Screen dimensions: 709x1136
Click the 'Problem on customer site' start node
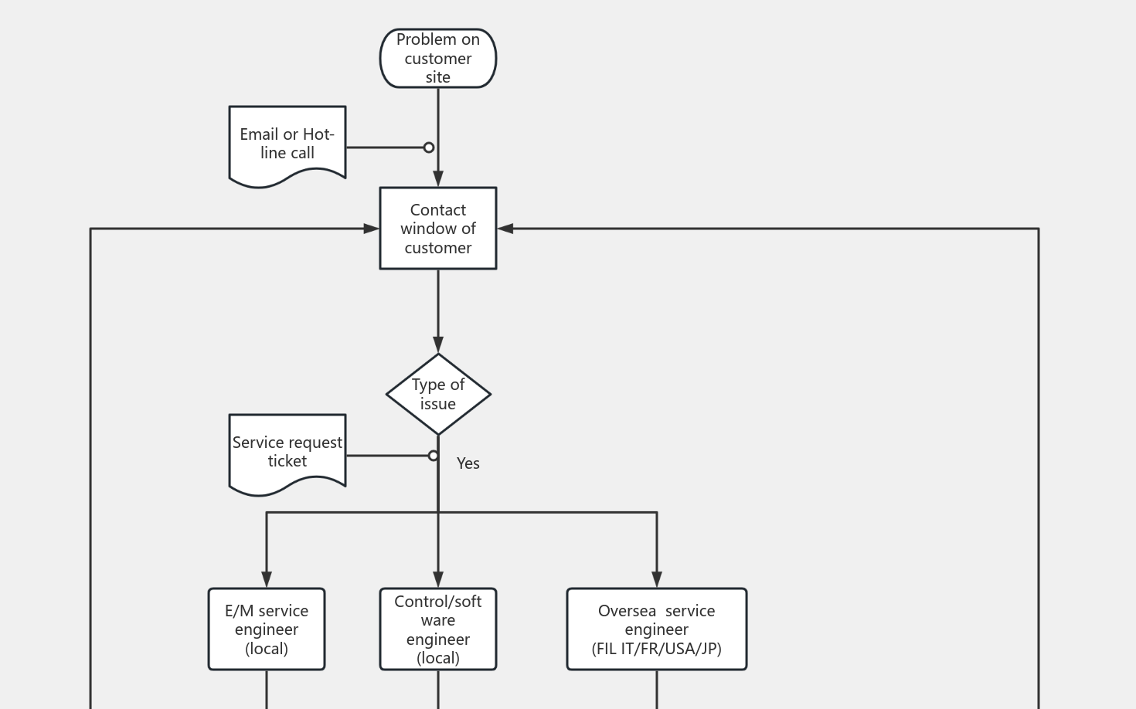437,59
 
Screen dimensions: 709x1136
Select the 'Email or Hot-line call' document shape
287,144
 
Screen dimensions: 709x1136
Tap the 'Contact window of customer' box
437,229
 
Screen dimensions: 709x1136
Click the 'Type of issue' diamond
437,394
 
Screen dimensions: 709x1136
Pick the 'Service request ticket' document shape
287,453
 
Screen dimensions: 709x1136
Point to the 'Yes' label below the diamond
468,463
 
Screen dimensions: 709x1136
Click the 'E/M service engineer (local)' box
266,629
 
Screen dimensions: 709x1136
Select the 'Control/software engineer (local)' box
437,629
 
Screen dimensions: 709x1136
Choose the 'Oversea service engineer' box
656,629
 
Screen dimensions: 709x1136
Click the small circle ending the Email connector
429,148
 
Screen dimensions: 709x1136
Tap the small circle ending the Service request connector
434,456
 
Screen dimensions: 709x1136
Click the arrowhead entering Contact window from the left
372,229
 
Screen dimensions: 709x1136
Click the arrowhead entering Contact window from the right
505,229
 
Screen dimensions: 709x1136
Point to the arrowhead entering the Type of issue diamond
437,344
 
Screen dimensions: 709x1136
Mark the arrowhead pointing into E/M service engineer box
266,579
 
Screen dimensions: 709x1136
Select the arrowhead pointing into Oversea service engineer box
656,579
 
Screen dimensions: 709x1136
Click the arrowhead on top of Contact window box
437,178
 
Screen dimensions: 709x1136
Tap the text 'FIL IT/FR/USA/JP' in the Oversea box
656,649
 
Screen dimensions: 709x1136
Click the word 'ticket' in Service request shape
287,461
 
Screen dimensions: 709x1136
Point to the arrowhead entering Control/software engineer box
437,579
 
